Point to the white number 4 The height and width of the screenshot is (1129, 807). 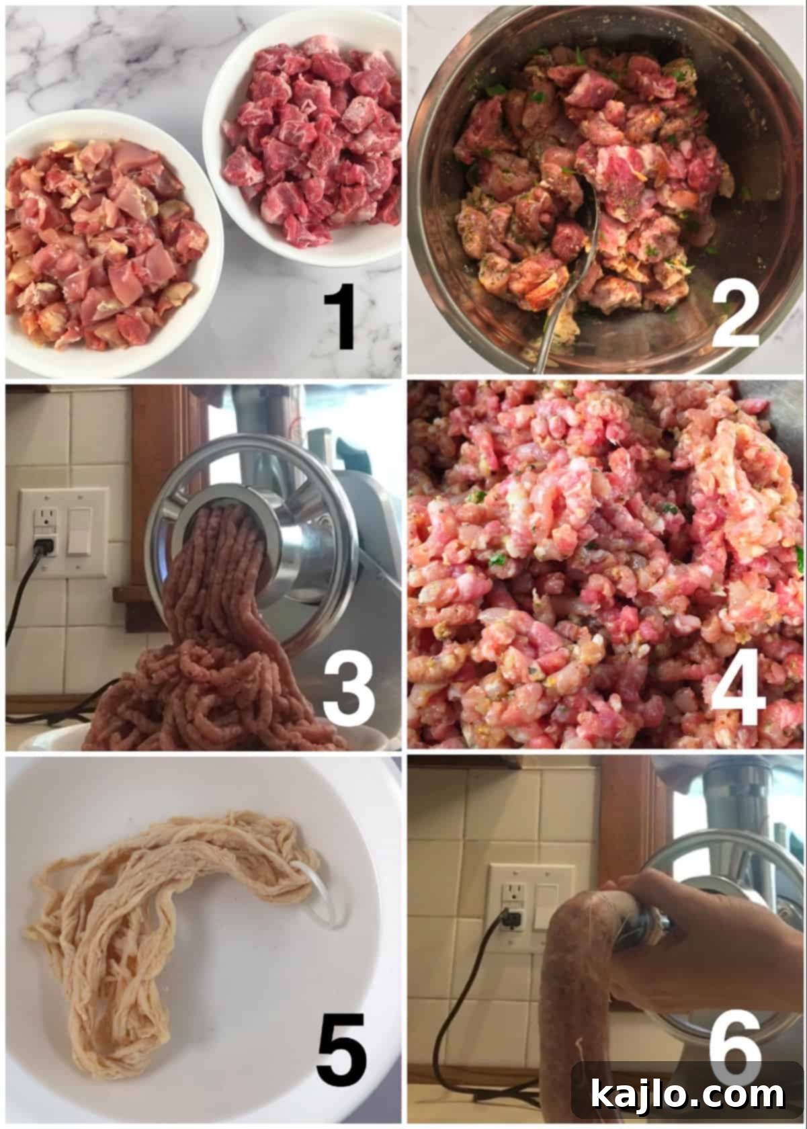tap(737, 692)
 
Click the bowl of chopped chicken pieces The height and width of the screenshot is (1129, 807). tap(101, 242)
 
